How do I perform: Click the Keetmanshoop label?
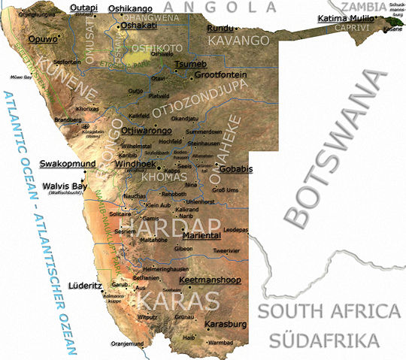pyautogui.click(x=211, y=280)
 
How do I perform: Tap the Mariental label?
pyautogui.click(x=204, y=234)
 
